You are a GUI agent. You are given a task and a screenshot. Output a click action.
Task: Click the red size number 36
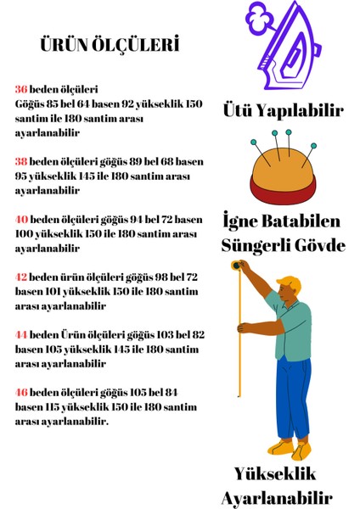21,89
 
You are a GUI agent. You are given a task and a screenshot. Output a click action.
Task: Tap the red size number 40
21,219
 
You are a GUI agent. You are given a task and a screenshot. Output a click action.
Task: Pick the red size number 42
21,277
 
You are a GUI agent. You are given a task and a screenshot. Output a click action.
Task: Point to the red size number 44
21,334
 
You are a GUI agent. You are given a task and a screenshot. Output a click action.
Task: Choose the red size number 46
21,392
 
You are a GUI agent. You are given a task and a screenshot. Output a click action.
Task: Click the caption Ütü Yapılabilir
283,111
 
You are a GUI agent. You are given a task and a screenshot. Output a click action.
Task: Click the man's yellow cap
290,282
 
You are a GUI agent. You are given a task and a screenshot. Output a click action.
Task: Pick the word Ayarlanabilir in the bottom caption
276,497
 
